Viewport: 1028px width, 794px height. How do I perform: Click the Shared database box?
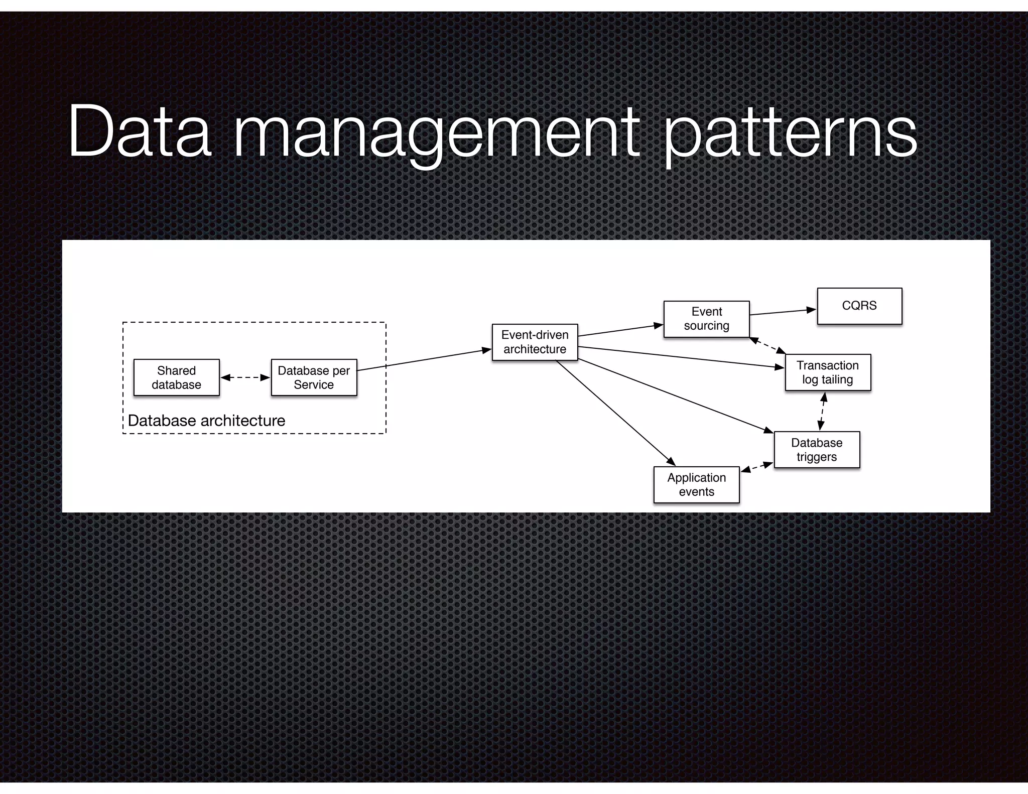(x=176, y=377)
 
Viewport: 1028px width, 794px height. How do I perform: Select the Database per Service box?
(x=314, y=377)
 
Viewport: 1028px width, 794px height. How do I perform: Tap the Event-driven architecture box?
(x=535, y=342)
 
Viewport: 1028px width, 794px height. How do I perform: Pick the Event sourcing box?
(x=706, y=319)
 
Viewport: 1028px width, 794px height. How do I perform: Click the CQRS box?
(x=859, y=306)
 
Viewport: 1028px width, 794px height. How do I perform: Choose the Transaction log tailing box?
(x=828, y=372)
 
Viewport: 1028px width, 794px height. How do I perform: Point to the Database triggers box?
(x=817, y=450)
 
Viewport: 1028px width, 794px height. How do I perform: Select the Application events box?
(x=696, y=484)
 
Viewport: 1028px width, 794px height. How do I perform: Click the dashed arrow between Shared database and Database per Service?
(x=245, y=377)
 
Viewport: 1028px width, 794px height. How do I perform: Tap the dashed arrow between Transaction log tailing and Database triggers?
(x=822, y=411)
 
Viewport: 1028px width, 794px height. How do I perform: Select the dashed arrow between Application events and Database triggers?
(x=757, y=467)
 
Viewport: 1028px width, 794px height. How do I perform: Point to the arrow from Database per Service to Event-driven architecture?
(x=424, y=360)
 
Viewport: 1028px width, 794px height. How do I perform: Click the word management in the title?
(x=437, y=133)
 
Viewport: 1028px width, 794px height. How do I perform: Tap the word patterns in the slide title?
(x=791, y=133)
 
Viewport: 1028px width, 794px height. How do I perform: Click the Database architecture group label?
(x=206, y=421)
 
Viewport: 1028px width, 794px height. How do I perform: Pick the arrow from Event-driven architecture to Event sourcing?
(x=620, y=330)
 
